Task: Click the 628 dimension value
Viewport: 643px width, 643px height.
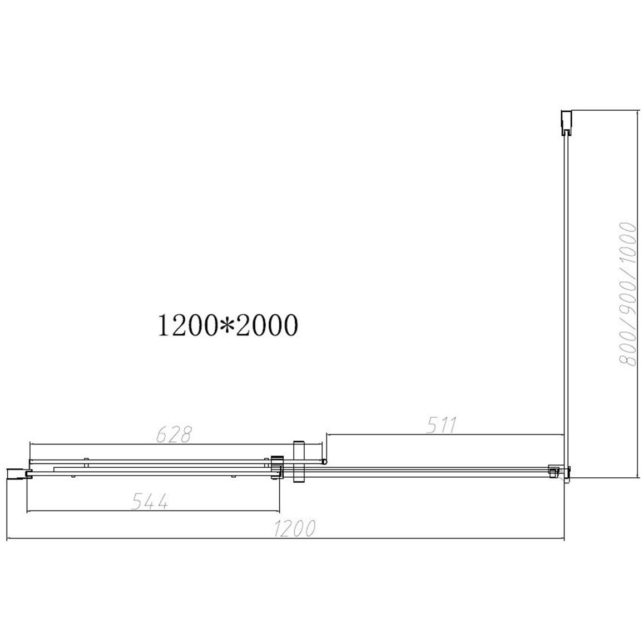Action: (174, 434)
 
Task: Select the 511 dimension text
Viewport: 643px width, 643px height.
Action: (441, 425)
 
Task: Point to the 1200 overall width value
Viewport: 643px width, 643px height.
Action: (294, 528)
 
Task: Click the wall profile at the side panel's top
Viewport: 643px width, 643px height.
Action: (566, 122)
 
